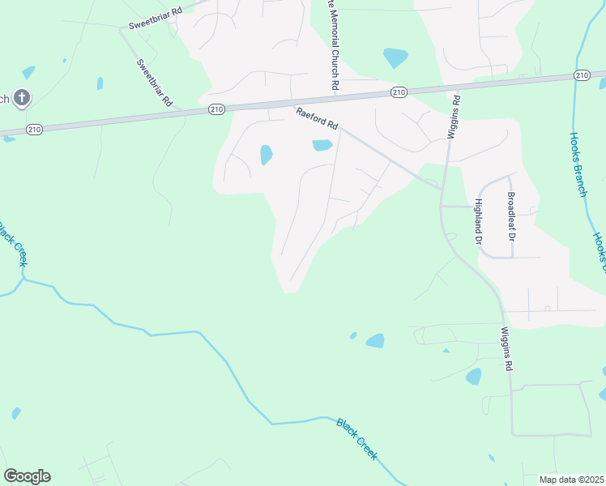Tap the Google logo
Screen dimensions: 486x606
coord(27,476)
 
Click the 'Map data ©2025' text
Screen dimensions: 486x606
coord(571,480)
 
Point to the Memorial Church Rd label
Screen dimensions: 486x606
coord(332,45)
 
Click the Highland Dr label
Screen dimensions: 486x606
coord(478,221)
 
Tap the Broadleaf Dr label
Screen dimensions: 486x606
coord(510,212)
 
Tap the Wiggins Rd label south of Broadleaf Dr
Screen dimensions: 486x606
coord(507,348)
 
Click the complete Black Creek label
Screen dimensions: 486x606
coord(356,438)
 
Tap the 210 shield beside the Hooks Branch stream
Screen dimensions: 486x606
coord(581,75)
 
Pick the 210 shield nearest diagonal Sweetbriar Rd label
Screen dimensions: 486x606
coord(216,109)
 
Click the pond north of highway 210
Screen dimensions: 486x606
coord(395,58)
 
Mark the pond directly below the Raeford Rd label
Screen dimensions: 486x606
coord(322,145)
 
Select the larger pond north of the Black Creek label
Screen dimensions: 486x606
coord(375,341)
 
